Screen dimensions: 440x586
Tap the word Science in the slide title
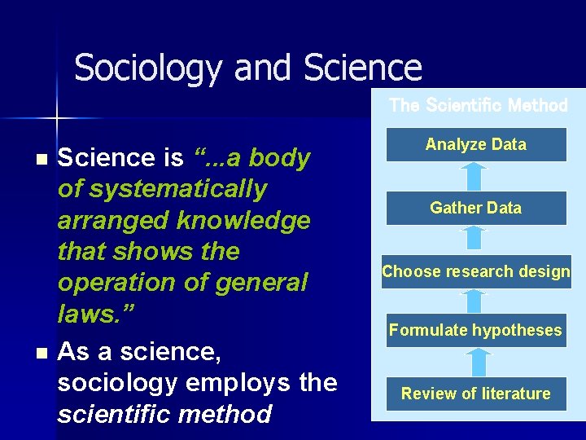click(363, 68)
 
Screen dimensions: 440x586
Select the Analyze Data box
click(476, 145)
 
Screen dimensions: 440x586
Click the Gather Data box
click(476, 208)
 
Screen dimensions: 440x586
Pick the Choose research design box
click(476, 271)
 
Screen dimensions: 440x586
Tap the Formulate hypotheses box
click(476, 330)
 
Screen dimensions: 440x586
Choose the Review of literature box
click(476, 394)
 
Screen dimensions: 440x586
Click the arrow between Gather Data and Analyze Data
click(476, 176)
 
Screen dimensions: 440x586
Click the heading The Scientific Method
click(478, 105)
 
